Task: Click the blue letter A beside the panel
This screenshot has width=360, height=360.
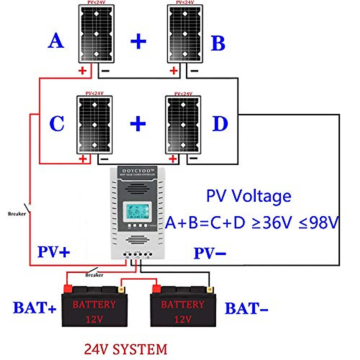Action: pos(56,41)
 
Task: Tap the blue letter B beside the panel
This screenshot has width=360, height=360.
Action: pos(218,43)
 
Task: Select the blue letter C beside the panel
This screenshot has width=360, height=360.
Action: pos(57,123)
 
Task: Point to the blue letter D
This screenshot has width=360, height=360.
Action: pos(220,124)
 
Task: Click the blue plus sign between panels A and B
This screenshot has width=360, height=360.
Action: pos(138,41)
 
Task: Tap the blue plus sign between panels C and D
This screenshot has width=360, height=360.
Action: pos(138,123)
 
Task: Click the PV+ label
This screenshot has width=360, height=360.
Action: pos(54,252)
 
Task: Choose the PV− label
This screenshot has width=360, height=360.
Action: pos(210,253)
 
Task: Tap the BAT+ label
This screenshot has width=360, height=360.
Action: pos(34,308)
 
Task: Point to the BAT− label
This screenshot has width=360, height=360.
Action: pos(246,309)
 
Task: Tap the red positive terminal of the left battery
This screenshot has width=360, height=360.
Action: pos(67,289)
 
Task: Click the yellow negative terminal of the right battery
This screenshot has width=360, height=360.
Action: pos(209,290)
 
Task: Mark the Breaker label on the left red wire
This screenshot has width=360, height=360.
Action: pos(17,214)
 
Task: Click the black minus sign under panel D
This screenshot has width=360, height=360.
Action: pos(193,158)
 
